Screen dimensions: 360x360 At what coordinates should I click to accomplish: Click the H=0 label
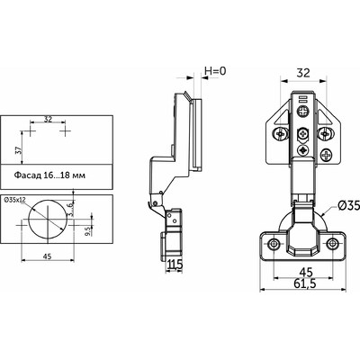[215, 71]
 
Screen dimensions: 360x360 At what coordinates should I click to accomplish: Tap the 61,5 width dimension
[305, 283]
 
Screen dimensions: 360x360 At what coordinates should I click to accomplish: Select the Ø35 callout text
[348, 205]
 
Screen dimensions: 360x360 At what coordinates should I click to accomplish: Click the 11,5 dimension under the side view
[175, 265]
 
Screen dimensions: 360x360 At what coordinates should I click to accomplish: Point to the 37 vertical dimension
[17, 149]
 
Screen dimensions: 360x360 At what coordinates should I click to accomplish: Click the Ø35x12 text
[14, 200]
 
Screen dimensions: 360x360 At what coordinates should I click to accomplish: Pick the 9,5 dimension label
[87, 231]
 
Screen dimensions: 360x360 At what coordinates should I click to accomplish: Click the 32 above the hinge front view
[303, 73]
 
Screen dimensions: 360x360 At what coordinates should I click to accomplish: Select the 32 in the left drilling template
[48, 119]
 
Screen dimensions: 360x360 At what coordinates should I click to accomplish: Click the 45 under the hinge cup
[306, 272]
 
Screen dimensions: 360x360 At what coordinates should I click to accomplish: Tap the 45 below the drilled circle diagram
[48, 256]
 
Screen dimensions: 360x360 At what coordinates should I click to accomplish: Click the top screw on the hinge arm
[303, 112]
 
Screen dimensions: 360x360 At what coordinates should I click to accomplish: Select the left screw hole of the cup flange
[274, 243]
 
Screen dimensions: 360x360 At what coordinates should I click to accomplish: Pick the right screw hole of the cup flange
[332, 243]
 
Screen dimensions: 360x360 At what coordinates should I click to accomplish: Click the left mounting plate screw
[280, 133]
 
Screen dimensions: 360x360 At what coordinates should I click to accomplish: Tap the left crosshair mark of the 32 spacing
[31, 131]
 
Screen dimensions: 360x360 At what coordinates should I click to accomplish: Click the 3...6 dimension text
[69, 209]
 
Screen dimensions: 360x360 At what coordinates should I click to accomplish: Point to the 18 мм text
[73, 175]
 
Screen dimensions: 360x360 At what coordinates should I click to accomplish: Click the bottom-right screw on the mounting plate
[326, 155]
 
